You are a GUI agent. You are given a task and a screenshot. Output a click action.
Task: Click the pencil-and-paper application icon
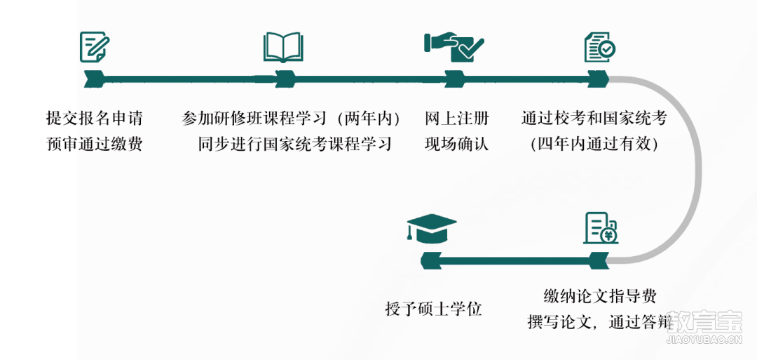(95, 46)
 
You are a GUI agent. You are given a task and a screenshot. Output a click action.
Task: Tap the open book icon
(283, 47)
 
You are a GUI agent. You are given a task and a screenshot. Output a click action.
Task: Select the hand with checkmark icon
(453, 47)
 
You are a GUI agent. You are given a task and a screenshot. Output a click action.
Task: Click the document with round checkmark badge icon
(600, 47)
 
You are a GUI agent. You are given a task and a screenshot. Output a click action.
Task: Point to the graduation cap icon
(432, 228)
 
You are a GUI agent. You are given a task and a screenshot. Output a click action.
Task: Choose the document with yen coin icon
(601, 228)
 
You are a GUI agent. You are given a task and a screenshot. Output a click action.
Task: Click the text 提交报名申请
(95, 118)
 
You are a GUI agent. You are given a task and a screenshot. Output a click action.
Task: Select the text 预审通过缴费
(95, 144)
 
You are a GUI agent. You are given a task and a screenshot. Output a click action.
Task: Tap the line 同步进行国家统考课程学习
(295, 144)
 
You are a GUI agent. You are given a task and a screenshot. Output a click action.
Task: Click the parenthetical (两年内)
(369, 118)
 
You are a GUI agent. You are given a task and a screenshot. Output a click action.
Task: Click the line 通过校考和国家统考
(594, 118)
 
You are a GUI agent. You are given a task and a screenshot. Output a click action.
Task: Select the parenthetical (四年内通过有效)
(594, 144)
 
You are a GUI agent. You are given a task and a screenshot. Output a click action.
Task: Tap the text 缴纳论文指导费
(600, 295)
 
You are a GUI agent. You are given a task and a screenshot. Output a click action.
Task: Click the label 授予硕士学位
(434, 308)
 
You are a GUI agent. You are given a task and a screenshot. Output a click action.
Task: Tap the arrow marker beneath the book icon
(285, 79)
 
